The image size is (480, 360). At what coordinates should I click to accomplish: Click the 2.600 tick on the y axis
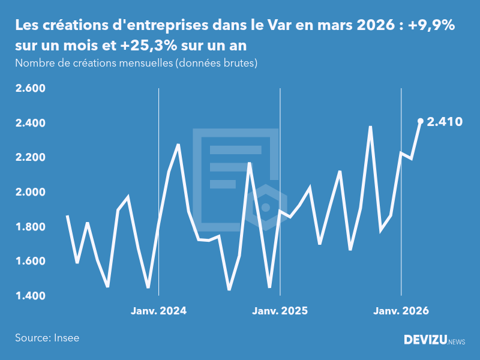click(30, 89)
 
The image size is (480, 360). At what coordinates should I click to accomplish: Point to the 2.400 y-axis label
click(30, 123)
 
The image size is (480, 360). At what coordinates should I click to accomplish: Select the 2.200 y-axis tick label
click(30, 158)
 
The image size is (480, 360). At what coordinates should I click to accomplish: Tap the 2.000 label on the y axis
click(30, 192)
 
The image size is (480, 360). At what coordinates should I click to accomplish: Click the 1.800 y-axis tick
click(30, 227)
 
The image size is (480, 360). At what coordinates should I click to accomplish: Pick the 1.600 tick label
click(30, 262)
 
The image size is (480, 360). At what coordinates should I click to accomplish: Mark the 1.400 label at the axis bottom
click(30, 296)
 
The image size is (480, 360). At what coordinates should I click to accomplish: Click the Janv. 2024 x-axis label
click(158, 311)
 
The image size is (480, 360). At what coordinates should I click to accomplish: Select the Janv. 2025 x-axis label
click(280, 311)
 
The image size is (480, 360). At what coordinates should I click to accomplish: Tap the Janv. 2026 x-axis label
click(401, 311)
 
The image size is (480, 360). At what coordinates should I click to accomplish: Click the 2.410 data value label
click(444, 122)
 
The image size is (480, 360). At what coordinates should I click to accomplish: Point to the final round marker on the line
click(421, 121)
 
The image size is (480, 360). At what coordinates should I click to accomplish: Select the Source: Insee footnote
click(47, 338)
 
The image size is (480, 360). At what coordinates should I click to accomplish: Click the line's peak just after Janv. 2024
click(178, 145)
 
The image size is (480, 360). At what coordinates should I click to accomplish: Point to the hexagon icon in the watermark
click(265, 208)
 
